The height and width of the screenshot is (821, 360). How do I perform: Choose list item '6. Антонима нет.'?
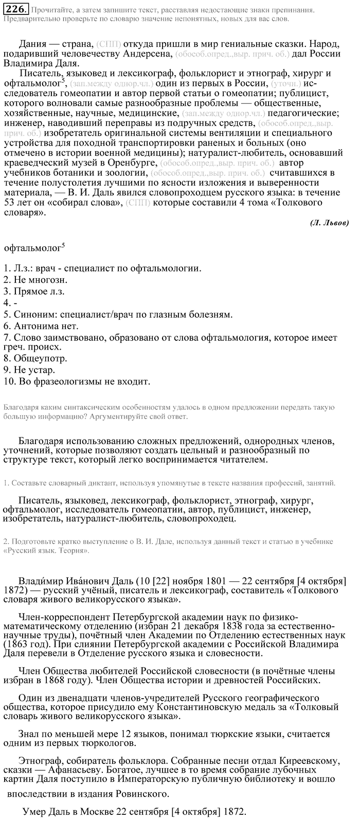point(41,326)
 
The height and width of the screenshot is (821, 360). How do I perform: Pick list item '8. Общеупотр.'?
point(35,358)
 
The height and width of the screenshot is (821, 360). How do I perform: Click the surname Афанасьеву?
point(74,769)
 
